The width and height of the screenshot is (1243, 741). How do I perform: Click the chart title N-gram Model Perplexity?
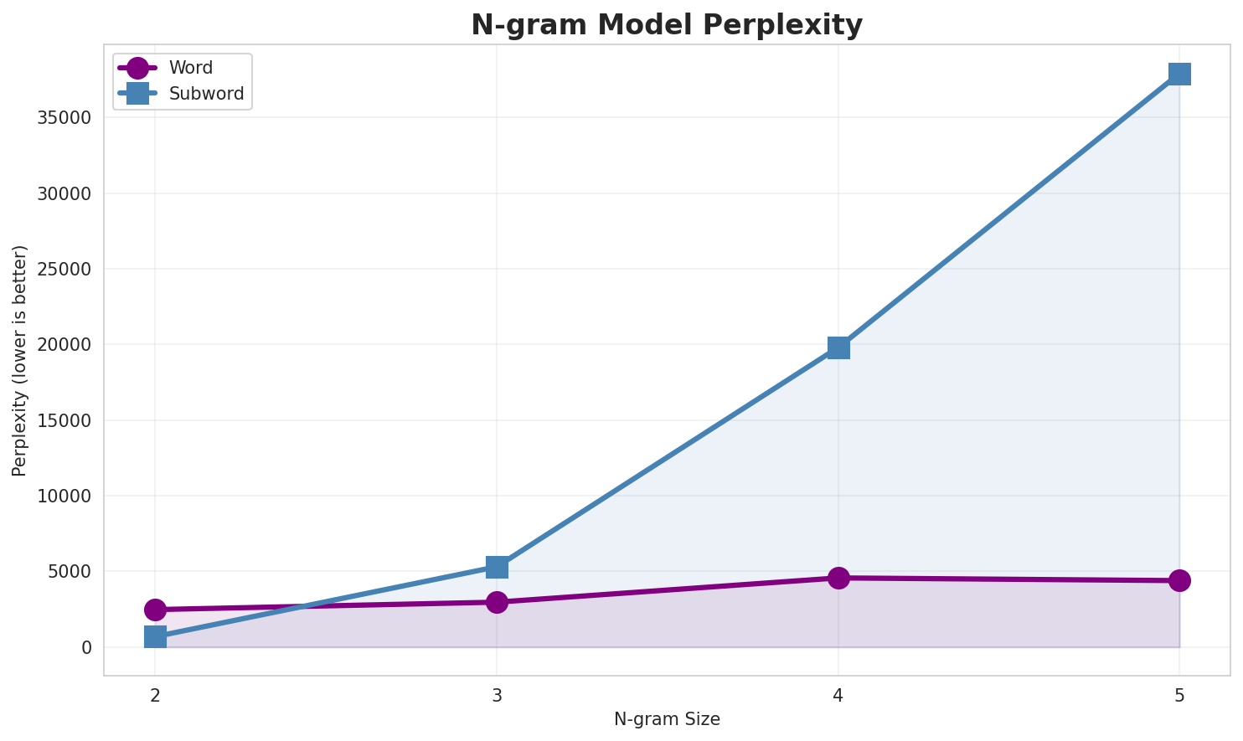coord(666,25)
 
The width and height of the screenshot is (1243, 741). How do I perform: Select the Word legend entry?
coord(190,68)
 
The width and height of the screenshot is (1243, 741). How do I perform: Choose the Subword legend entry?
coord(206,94)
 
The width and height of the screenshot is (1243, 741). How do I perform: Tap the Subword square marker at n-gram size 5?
coord(1179,74)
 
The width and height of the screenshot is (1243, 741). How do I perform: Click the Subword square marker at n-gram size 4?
coord(838,347)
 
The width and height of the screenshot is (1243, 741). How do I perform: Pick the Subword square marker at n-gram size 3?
coord(497,567)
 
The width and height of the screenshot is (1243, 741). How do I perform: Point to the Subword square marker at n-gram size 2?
coord(155,636)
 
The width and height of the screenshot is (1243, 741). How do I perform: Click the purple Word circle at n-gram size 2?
coord(155,610)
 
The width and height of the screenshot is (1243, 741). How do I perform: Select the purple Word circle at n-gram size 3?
coord(497,602)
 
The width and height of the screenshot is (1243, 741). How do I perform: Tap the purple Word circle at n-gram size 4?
coord(838,578)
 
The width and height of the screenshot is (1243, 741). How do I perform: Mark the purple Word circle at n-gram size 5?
coord(1179,580)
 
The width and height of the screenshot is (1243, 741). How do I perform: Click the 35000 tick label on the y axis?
coord(64,117)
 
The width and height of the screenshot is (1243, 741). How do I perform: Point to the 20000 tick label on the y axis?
coord(64,345)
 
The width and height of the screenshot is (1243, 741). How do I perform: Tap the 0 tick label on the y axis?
coord(86,648)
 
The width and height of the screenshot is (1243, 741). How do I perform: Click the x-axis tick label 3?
coord(497,695)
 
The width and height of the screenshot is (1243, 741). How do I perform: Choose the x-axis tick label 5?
coord(1179,695)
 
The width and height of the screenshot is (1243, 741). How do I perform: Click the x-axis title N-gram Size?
coord(667,719)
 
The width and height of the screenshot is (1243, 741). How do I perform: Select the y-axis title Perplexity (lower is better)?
coord(20,360)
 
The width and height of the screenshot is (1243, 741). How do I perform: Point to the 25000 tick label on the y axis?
coord(64,269)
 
